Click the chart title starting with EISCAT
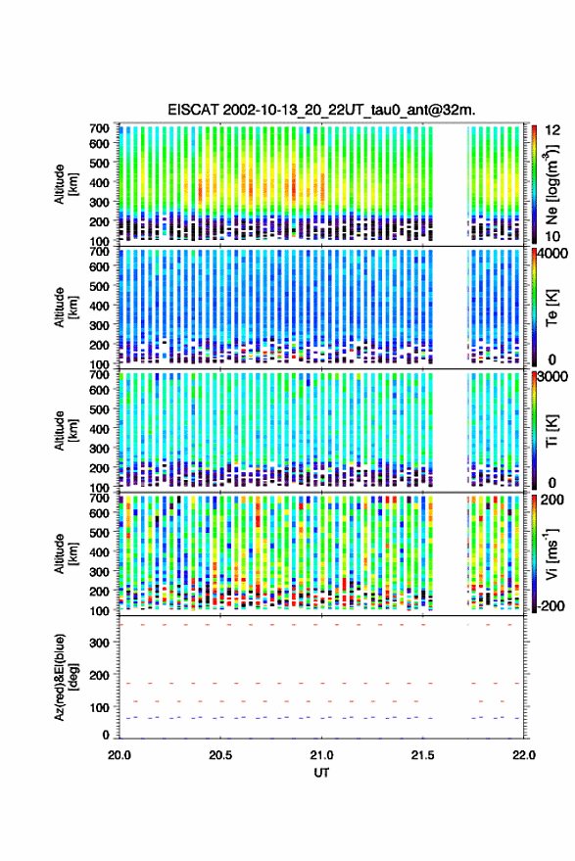point(321,110)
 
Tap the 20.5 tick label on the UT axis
point(220,755)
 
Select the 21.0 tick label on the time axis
point(321,755)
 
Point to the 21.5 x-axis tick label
point(422,755)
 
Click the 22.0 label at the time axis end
point(523,755)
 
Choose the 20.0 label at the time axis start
point(120,755)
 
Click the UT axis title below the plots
point(321,773)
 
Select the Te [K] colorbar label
point(551,308)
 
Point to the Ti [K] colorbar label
point(551,431)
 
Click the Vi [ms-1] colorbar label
point(551,553)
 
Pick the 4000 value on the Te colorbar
point(553,255)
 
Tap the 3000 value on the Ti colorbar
point(553,377)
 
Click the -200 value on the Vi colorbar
point(551,605)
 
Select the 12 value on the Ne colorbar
point(553,130)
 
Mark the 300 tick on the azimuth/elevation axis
point(99,643)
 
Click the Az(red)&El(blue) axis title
point(66,678)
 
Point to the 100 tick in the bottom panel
point(99,707)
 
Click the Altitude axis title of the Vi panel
point(66,553)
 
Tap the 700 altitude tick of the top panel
point(99,128)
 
